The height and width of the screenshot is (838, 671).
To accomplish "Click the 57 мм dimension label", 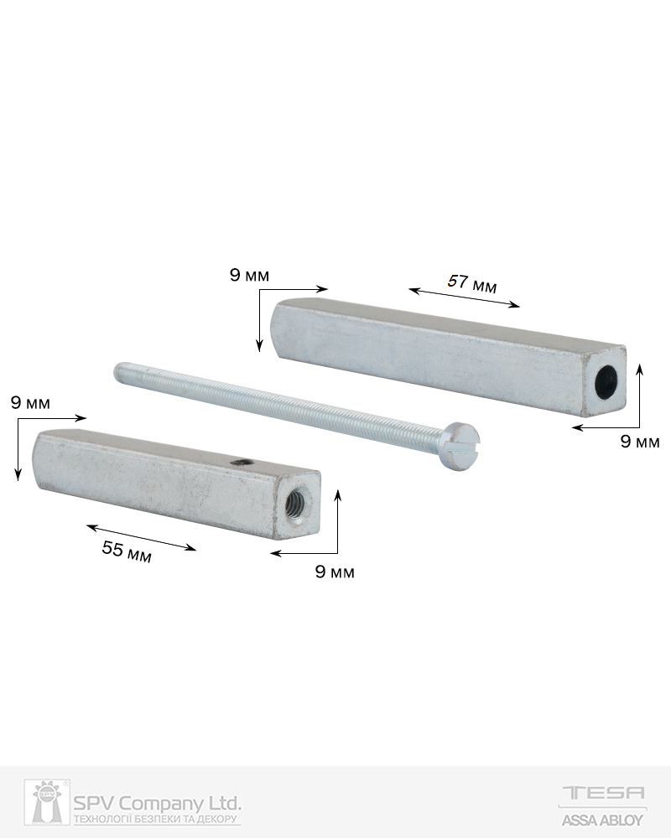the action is click(472, 283).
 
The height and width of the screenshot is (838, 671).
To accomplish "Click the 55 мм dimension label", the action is click(127, 551).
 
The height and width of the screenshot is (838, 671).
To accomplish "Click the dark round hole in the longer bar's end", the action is click(608, 384).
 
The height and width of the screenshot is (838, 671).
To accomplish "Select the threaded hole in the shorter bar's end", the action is click(295, 504).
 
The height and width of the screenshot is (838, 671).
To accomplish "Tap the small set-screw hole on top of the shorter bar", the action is click(240, 462).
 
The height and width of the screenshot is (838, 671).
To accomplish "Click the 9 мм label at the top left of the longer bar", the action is click(249, 275).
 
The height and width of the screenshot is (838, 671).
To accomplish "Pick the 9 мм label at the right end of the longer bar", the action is click(640, 442).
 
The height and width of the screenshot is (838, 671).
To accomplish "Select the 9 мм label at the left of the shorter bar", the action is click(30, 402).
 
